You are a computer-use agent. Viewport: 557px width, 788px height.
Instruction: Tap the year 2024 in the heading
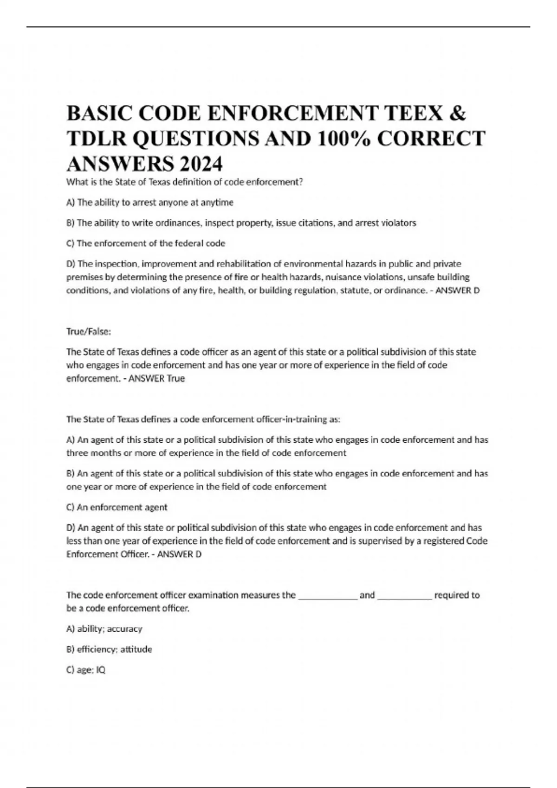[201, 164]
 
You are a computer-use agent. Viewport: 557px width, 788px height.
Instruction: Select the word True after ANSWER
[176, 378]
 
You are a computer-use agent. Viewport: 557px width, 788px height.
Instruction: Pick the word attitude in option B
[136, 649]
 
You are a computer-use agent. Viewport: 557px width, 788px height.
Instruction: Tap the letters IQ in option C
[101, 670]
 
